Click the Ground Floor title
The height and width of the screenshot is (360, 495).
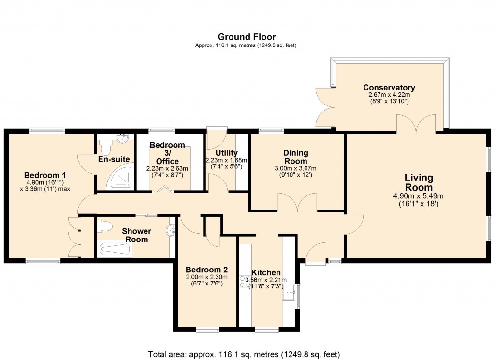247,37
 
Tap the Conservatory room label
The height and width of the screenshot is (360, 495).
389,88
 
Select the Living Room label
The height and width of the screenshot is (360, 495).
419,183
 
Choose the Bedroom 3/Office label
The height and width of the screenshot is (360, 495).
167,153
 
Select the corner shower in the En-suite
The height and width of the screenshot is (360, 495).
118,179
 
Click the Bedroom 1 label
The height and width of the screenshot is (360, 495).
45,175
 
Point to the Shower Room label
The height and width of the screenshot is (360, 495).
136,235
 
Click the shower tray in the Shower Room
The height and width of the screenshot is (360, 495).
115,250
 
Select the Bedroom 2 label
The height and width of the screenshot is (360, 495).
206,270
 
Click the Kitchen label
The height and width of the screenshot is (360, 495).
265,273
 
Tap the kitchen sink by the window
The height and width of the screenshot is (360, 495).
290,292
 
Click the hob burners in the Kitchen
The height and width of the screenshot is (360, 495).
244,282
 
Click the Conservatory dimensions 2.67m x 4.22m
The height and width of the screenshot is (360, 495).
389,95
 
